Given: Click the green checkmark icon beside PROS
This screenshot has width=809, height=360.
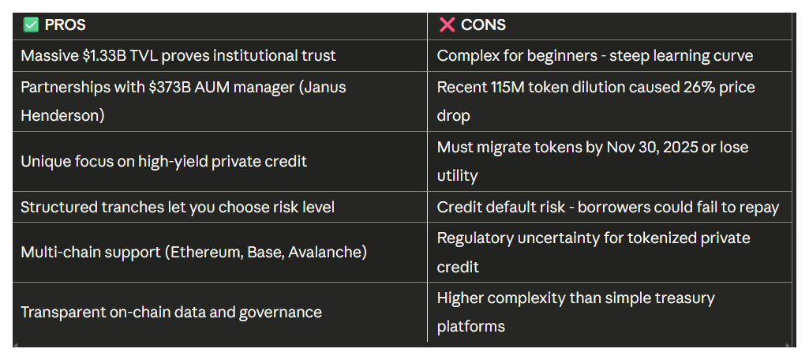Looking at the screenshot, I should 31,25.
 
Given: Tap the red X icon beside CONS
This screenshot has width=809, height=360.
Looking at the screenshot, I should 447,25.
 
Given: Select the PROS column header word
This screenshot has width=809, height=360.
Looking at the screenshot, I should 66,25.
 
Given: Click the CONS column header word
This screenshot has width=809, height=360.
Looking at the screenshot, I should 483,25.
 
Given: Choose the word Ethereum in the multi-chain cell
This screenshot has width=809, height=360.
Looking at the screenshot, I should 205,253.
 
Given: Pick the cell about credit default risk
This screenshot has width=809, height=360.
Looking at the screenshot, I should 608,208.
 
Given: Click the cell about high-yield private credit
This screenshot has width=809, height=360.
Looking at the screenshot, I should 163,161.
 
